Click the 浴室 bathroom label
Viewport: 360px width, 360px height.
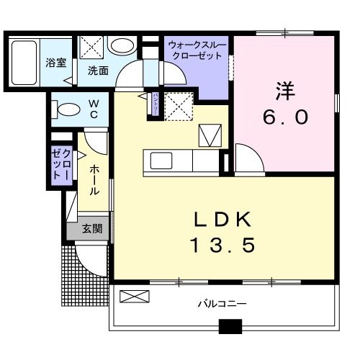coord(55,63)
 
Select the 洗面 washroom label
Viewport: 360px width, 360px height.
coord(98,71)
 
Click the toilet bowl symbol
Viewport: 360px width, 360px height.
coord(67,110)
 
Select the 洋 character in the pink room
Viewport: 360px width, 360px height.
coord(284,90)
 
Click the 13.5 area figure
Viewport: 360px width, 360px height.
coord(222,246)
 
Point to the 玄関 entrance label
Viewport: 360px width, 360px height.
coord(91,229)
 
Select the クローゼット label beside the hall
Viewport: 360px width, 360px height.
coord(60,165)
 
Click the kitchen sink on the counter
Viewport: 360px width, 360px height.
coord(159,159)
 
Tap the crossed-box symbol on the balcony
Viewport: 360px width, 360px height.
coord(135,295)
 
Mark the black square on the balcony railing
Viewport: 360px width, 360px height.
coord(230,325)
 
